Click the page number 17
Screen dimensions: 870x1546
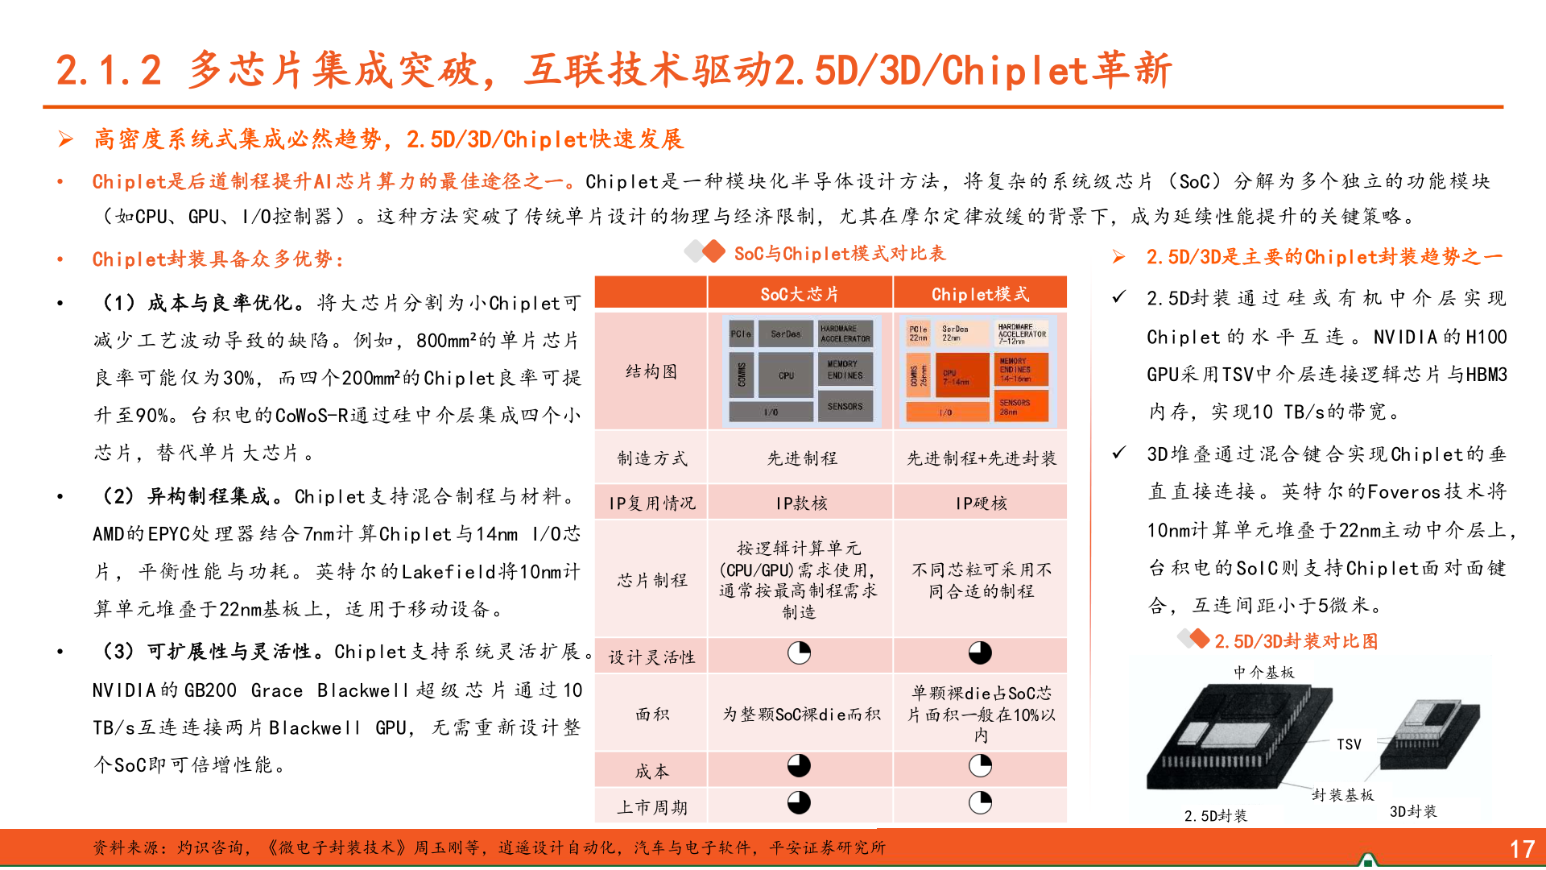click(x=1521, y=849)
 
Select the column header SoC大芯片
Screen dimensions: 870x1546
click(x=800, y=294)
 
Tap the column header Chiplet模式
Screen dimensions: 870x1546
click(x=980, y=294)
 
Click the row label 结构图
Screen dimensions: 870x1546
click(x=651, y=371)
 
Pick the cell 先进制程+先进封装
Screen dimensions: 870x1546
click(x=981, y=458)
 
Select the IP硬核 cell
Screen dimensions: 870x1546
click(x=981, y=503)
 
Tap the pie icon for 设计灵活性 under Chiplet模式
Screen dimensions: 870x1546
click(x=980, y=652)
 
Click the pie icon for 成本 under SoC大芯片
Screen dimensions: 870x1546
click(x=799, y=765)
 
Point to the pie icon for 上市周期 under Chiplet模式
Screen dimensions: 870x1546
click(x=980, y=802)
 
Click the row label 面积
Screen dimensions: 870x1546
click(x=651, y=714)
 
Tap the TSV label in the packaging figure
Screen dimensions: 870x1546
click(x=1349, y=744)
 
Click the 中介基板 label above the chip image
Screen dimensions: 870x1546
click(x=1263, y=672)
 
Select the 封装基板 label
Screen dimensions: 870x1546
click(x=1342, y=795)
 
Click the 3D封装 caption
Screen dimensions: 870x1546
click(x=1413, y=811)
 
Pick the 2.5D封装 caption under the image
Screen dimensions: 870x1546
click(x=1215, y=816)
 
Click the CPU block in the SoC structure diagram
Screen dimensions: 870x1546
click(x=786, y=375)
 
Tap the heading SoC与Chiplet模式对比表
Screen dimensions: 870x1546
click(x=839, y=254)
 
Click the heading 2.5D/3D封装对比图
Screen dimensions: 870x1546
click(x=1296, y=641)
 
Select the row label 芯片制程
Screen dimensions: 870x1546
click(x=651, y=580)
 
